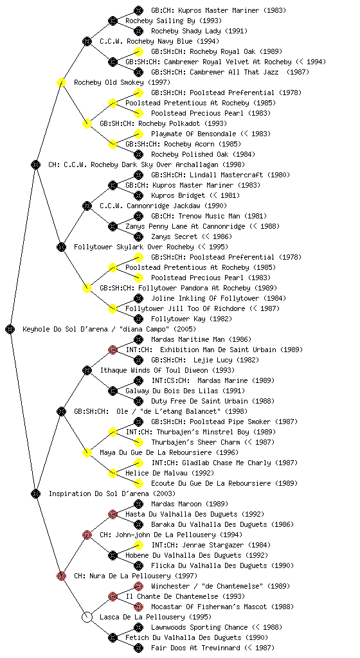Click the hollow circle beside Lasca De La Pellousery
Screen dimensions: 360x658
point(87,617)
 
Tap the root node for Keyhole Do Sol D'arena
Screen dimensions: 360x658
point(10,329)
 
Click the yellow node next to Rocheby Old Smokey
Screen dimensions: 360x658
point(61,82)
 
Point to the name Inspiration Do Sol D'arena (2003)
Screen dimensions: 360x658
point(112,493)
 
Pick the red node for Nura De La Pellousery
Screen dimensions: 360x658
point(61,576)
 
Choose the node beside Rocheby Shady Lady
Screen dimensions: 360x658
point(138,31)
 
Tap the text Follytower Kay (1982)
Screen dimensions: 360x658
point(192,319)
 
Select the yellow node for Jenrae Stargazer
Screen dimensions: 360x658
point(138,545)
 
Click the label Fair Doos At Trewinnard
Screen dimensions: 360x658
point(195,648)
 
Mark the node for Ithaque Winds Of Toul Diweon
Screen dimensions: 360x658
point(87,370)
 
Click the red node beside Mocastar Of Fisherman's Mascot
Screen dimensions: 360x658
point(138,607)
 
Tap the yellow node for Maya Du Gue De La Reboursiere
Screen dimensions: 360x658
point(87,452)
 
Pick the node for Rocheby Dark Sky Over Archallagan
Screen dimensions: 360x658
point(35,164)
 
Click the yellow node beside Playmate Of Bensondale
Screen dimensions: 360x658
point(138,134)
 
